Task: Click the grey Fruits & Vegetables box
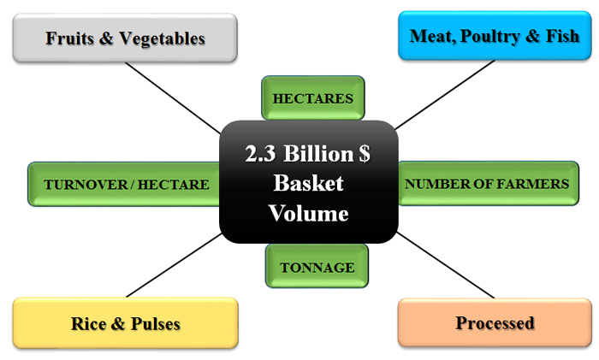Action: (125, 38)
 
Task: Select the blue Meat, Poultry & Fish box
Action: (495, 36)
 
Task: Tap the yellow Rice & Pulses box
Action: (125, 323)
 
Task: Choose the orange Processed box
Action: (495, 322)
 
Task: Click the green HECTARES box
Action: (313, 98)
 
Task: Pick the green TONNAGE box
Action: (317, 266)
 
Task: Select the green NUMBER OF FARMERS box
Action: (489, 184)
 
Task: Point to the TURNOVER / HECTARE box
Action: (124, 185)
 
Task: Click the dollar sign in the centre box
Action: (365, 153)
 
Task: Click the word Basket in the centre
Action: (308, 183)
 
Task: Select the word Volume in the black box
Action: (308, 213)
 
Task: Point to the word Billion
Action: (318, 153)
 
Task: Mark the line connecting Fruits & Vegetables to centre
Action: (173, 98)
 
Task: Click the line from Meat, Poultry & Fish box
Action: (445, 95)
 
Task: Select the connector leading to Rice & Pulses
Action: (174, 265)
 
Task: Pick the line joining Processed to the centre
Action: (446, 265)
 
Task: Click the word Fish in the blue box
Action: (562, 36)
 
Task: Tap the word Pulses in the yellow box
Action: (156, 324)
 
